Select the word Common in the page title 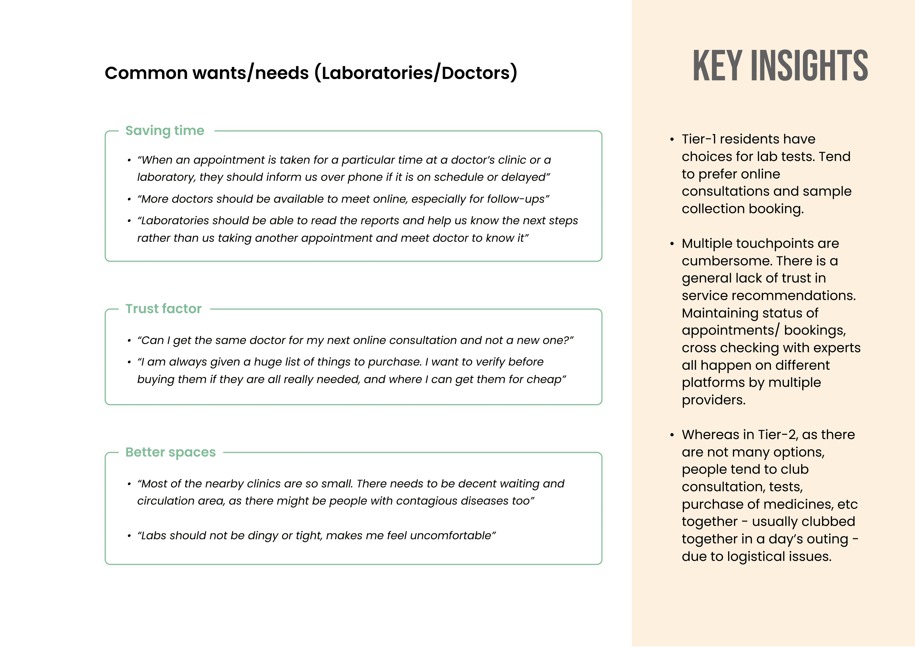pos(146,73)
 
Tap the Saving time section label pos(165,131)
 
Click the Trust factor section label pos(163,309)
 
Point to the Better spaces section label pos(170,452)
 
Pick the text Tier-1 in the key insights pos(698,139)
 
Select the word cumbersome pos(727,261)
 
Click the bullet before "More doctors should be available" pos(129,199)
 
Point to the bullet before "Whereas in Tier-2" pos(672,435)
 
